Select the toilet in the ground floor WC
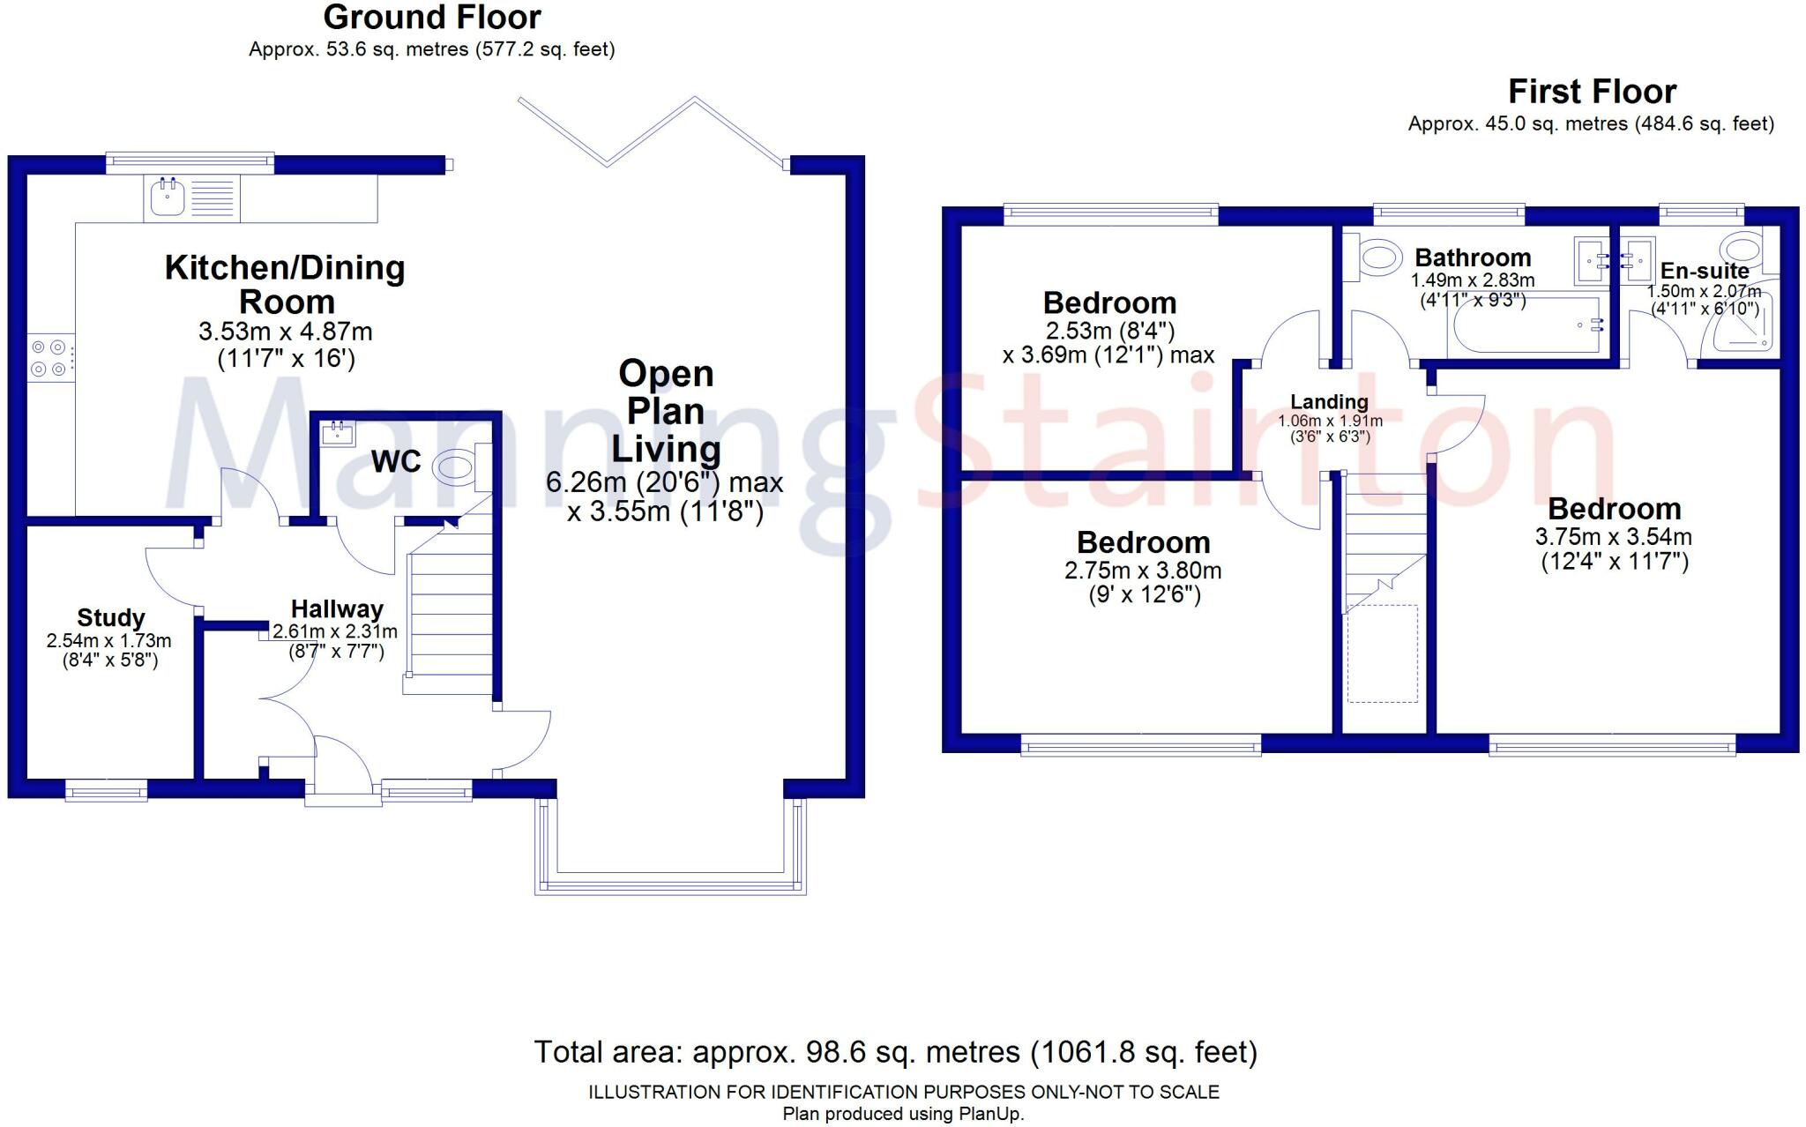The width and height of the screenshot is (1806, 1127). (456, 466)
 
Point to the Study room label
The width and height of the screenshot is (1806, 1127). (110, 617)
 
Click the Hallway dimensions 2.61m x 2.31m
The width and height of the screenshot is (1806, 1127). (335, 631)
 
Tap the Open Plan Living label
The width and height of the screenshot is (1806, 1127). (666, 411)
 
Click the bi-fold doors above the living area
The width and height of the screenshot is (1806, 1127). (653, 132)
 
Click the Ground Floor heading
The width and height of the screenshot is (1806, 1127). (432, 18)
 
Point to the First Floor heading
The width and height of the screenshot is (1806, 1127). (1592, 92)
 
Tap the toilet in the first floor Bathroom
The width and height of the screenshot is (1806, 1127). (1378, 258)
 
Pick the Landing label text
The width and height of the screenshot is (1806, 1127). (1329, 402)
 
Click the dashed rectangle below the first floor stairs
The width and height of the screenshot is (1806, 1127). (1382, 653)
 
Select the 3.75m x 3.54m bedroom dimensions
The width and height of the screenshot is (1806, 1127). (1613, 537)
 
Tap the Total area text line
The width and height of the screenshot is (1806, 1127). (895, 1052)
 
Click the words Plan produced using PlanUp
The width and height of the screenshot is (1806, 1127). (903, 1114)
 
